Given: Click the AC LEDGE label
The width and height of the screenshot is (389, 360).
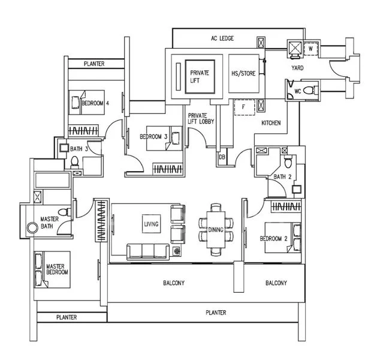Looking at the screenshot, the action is coord(222,38).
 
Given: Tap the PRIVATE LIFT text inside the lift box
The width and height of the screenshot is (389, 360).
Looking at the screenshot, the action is coord(200,77).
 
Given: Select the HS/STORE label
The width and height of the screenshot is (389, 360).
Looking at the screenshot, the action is coord(243,73).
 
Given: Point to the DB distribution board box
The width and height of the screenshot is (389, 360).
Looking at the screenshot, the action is coord(222,157).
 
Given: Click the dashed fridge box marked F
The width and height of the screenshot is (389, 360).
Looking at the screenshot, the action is coord(245,107).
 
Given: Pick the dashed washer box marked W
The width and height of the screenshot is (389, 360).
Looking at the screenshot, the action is coord(311,49).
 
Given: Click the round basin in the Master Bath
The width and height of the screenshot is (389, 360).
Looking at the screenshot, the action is coord(32,228).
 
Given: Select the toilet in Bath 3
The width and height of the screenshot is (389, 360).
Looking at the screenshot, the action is coord(74,161).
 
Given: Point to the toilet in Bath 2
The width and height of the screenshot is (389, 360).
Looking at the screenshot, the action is coord(288,161).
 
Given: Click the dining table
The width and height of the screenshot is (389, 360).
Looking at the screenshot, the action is coord(216,230).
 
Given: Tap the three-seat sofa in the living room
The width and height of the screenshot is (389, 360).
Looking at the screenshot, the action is coord(148,252).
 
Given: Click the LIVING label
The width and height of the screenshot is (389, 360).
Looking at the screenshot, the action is coord(151,224).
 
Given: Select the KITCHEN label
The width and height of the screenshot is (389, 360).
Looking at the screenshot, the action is coord(271,123).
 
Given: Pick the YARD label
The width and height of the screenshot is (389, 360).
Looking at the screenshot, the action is coord(297,68).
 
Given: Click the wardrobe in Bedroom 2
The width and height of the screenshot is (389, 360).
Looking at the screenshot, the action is coord(286,206).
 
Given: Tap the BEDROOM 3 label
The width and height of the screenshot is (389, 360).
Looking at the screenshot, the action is coord(153,137).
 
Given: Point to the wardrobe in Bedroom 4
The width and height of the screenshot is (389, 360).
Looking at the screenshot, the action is coord(83,130).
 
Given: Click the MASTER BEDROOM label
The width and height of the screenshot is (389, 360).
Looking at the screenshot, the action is coord(57,269).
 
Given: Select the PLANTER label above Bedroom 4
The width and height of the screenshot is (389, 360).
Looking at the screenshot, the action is coord(94,64).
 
